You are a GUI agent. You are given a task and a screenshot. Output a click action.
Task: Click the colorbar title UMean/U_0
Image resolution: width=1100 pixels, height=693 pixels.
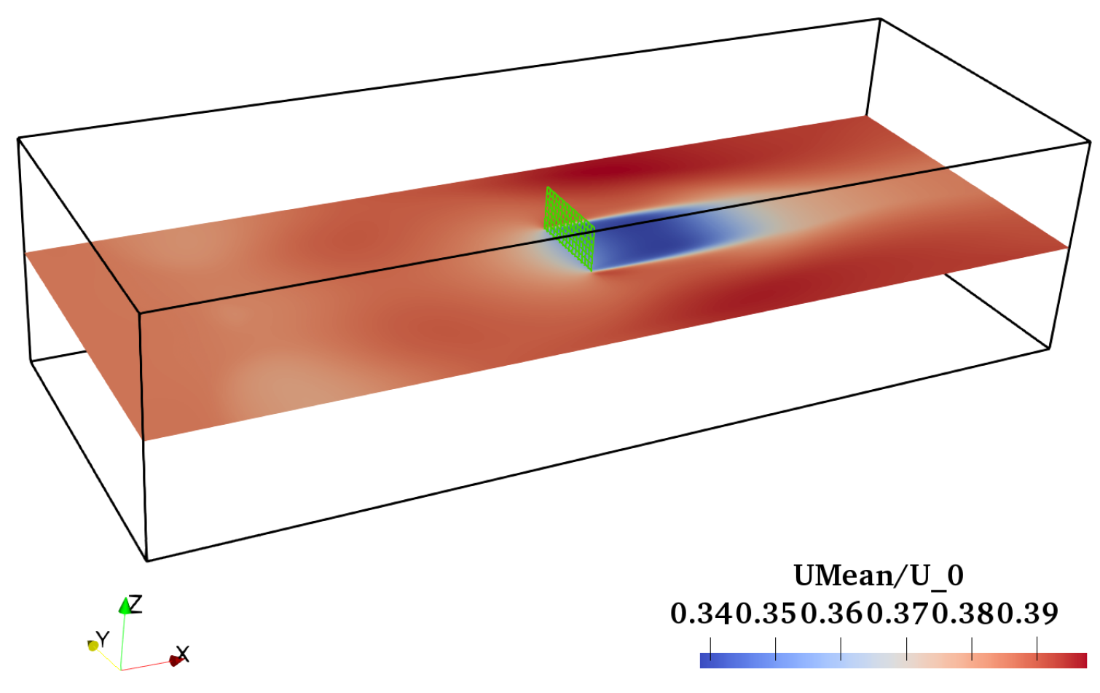[x=879, y=576]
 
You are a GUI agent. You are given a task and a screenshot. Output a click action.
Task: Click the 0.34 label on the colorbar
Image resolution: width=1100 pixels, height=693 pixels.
[x=702, y=614]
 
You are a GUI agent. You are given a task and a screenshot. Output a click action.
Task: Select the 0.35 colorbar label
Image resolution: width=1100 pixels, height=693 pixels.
[x=767, y=614]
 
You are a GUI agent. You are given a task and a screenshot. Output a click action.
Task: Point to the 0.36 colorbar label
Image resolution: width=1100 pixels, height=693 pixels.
[x=833, y=614]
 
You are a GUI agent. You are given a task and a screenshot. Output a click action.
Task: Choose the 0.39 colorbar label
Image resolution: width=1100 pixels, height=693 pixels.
[x=1027, y=614]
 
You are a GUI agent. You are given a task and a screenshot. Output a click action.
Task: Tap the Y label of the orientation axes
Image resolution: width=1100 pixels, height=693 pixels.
[x=102, y=639]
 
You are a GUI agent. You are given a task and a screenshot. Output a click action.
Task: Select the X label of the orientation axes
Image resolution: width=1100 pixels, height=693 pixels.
[x=182, y=654]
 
